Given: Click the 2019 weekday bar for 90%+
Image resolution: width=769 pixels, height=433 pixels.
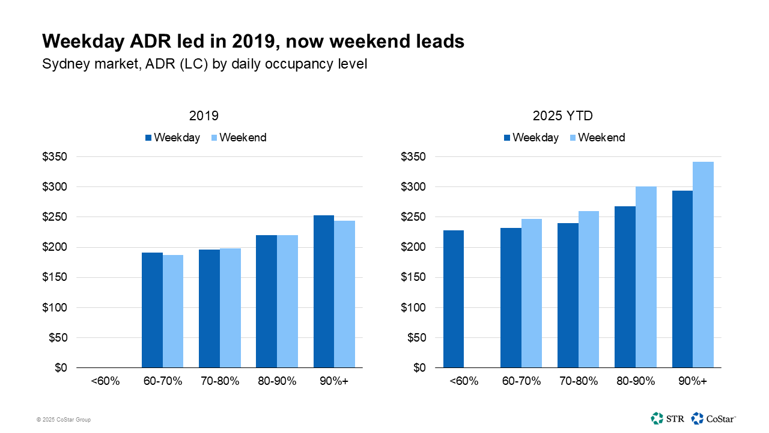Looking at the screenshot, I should [x=324, y=291].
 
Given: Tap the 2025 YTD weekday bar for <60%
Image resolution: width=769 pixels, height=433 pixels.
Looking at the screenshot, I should [x=454, y=298].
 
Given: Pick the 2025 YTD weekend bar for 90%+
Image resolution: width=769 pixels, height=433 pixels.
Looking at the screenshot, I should [x=703, y=265].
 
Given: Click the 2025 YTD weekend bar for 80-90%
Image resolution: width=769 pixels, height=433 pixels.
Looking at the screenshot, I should [x=646, y=277].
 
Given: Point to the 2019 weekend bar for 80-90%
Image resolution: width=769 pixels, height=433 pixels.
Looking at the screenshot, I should [x=287, y=301].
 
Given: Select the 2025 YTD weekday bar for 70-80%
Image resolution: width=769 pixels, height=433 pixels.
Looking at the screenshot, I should [x=568, y=295].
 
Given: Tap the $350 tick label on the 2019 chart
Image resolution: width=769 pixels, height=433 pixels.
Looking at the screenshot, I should [x=55, y=157].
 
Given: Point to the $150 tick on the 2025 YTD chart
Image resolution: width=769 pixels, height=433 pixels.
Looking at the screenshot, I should [x=413, y=277].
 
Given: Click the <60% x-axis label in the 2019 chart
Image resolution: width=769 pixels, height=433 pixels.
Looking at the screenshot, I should [x=105, y=382].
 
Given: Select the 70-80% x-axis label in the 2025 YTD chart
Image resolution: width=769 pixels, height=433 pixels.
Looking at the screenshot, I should [x=578, y=382].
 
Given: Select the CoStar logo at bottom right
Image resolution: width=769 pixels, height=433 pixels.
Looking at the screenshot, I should [x=714, y=418].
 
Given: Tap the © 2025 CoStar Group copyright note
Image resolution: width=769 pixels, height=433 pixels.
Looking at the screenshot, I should [x=63, y=420].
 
